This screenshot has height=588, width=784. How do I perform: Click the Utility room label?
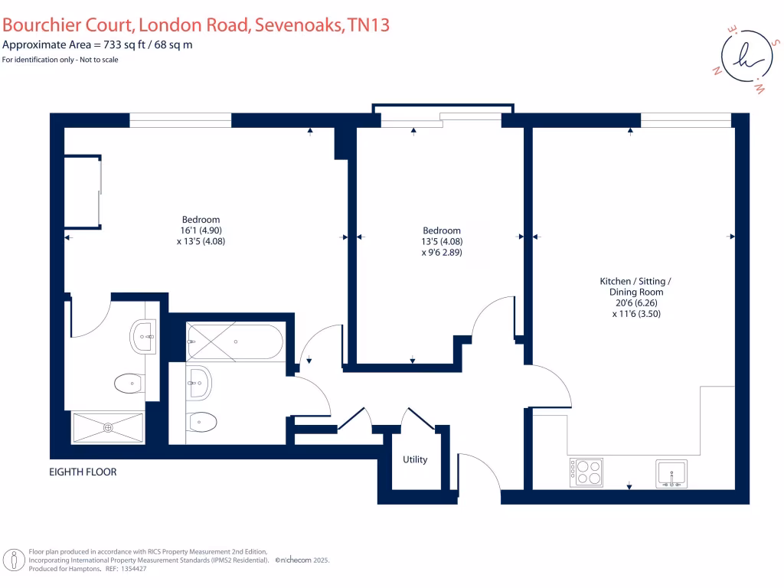(415, 459)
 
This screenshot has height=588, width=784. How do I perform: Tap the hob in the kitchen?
(586, 472)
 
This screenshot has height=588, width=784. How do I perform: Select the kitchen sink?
(672, 473)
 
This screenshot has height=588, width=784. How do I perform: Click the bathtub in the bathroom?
(234, 341)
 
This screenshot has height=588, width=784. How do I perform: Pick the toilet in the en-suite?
(127, 383)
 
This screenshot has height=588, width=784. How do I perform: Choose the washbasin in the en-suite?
(143, 336)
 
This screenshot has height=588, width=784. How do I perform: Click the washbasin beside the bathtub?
(198, 381)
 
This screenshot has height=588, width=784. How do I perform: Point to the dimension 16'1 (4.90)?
(201, 230)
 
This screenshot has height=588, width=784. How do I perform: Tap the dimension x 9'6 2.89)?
(442, 252)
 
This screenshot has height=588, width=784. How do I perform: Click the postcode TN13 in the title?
(368, 24)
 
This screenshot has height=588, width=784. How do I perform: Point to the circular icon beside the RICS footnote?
(14, 560)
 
